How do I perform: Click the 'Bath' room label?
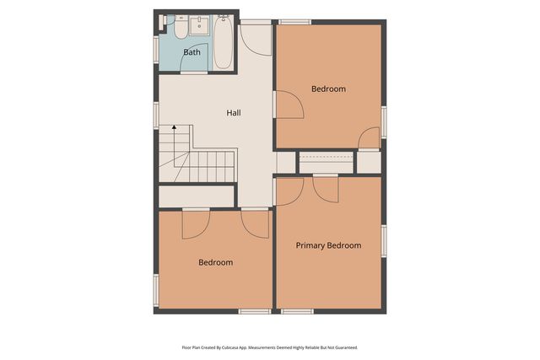[x=192, y=52]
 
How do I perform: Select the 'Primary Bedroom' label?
[x=328, y=245]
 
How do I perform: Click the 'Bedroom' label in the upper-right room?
[x=328, y=89]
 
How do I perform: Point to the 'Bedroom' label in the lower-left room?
[x=215, y=262]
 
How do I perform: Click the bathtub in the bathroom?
[x=223, y=44]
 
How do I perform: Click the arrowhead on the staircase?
[x=175, y=127]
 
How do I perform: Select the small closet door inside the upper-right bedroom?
[x=369, y=138]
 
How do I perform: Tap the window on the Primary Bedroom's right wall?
[x=384, y=240]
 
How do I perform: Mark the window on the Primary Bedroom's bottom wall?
[x=297, y=311]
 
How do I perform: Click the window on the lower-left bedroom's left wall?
[x=156, y=289]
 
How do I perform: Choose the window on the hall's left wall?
[x=156, y=115]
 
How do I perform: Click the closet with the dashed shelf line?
[x=326, y=162]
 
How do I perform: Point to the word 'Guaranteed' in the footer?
[x=341, y=347]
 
